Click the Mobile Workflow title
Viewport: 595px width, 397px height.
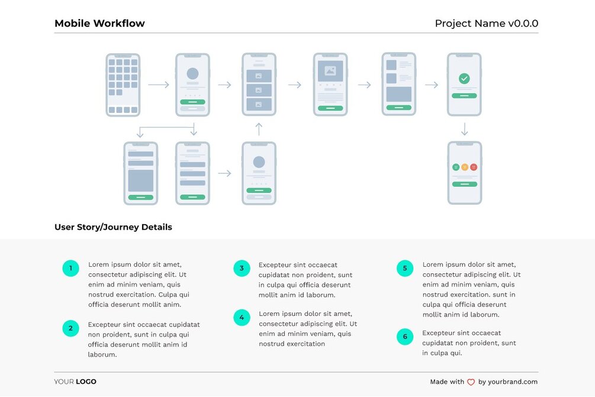tap(99, 24)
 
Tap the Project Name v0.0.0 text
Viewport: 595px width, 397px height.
tap(486, 24)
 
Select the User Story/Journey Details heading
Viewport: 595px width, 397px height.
tap(113, 227)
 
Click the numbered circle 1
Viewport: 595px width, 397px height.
tap(70, 269)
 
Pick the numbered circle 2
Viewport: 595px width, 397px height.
tap(70, 328)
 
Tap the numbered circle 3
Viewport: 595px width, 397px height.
tap(242, 269)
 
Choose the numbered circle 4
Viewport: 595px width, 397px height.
tap(242, 318)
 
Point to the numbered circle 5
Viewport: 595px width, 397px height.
tap(405, 269)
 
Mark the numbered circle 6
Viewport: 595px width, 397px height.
tap(405, 337)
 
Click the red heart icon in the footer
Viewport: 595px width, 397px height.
tap(471, 382)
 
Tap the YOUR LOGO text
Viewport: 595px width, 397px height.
tap(75, 382)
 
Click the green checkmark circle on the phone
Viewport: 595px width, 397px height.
tap(464, 78)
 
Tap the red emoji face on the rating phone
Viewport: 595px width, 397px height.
tap(473, 167)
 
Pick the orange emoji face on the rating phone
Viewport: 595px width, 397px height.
tap(464, 167)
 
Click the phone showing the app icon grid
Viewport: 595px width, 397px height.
tap(123, 85)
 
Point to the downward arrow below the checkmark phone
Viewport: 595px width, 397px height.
tap(464, 128)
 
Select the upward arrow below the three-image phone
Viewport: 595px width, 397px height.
tap(259, 129)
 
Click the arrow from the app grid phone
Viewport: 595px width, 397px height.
tap(158, 85)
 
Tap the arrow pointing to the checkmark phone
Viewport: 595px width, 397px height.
tap(432, 85)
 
